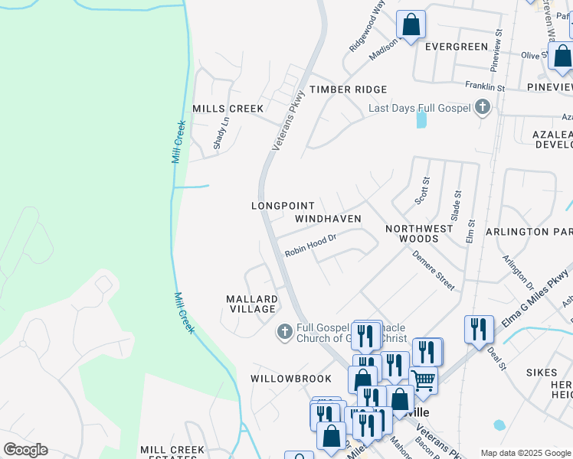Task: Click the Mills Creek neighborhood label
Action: click(x=228, y=109)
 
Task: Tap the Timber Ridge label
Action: click(x=349, y=90)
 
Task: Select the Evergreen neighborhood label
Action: click(x=457, y=47)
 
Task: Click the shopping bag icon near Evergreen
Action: click(x=411, y=24)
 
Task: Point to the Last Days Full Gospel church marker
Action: click(x=483, y=108)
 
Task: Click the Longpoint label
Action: click(x=283, y=206)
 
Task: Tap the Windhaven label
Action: click(x=328, y=219)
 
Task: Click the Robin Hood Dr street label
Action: click(x=311, y=246)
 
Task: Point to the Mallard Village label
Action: click(x=250, y=304)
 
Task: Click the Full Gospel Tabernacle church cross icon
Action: click(x=284, y=331)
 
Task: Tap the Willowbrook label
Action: click(x=290, y=379)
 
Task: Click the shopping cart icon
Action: click(x=423, y=380)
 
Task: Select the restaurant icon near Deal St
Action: click(x=479, y=329)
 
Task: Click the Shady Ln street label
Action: click(x=221, y=132)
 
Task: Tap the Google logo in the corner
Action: click(x=25, y=450)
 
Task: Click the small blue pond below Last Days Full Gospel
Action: click(x=421, y=119)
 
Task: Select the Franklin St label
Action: click(x=486, y=88)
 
